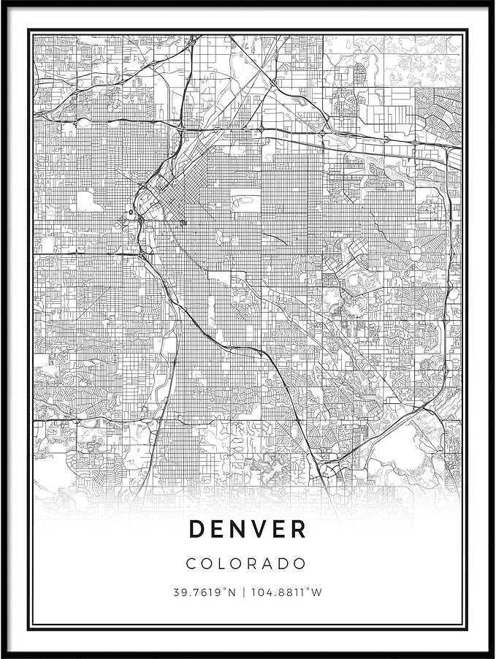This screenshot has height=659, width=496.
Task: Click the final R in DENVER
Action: (x=299, y=529)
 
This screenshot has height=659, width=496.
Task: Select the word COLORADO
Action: (x=247, y=564)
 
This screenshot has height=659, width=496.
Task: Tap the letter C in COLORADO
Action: (x=191, y=564)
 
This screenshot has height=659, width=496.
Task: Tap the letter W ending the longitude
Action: (x=316, y=593)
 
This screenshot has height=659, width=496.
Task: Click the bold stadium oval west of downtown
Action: (x=131, y=213)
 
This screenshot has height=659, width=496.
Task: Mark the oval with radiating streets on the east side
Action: (x=416, y=254)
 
